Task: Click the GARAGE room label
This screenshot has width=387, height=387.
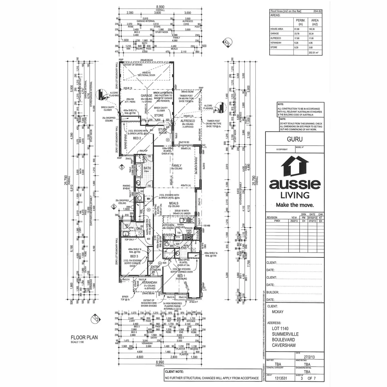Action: click(x=146, y=95)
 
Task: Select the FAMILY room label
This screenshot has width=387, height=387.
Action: click(x=177, y=165)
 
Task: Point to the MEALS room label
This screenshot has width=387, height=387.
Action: click(x=174, y=203)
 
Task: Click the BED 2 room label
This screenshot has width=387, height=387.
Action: click(x=137, y=138)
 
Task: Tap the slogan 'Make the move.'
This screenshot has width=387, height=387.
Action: click(x=295, y=205)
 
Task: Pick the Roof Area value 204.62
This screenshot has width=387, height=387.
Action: click(x=317, y=11)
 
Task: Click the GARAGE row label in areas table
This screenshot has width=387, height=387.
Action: click(x=274, y=34)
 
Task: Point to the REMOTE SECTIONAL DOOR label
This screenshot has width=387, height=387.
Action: click(x=146, y=74)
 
